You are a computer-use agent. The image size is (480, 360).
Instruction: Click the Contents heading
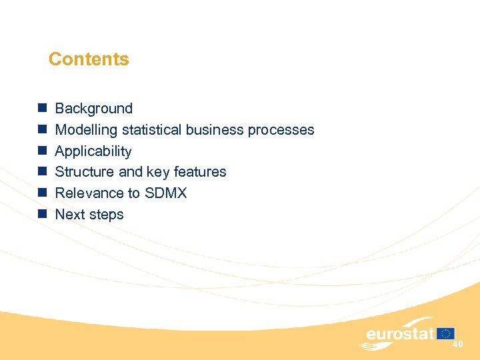[89, 59]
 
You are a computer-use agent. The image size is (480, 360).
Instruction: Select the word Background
[93, 109]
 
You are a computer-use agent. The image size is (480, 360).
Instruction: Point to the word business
[215, 130]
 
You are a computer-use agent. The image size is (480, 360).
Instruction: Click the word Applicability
[93, 151]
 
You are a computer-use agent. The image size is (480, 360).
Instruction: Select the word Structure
[84, 172]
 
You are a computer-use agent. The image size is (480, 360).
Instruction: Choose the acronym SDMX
[165, 193]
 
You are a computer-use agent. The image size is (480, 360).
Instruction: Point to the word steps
[106, 215]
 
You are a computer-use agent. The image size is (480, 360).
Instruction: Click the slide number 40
[457, 344]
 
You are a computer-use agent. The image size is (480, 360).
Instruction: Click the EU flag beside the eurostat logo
[446, 333]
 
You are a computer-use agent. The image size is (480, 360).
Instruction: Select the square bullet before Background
[41, 108]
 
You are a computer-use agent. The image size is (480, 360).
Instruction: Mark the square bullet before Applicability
[41, 151]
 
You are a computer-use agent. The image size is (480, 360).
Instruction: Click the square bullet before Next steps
[41, 214]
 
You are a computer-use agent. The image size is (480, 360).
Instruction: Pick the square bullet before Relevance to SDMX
[41, 193]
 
